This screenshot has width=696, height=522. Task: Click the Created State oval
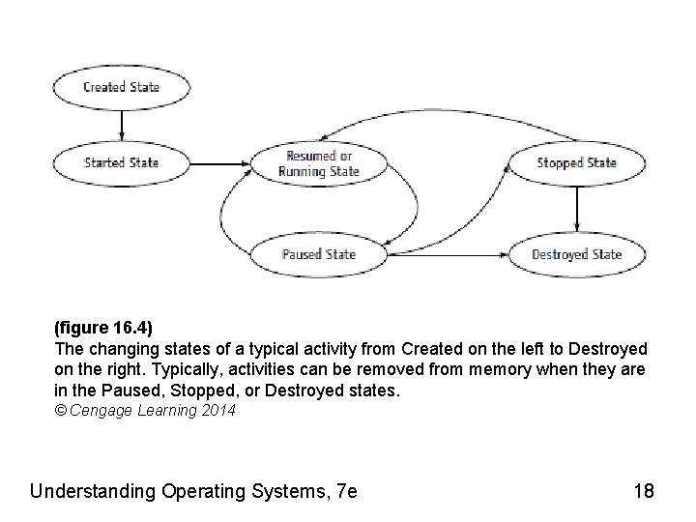[121, 87]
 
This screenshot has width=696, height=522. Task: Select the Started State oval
[121, 162]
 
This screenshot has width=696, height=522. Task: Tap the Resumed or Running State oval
[319, 163]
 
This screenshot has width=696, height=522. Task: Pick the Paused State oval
[319, 255]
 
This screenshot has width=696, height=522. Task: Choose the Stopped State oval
[577, 162]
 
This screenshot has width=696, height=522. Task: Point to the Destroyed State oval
[577, 255]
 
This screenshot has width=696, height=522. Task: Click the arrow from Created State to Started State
[121, 125]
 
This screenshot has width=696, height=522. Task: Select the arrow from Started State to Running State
[218, 162]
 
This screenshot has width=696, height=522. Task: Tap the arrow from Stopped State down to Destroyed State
[577, 209]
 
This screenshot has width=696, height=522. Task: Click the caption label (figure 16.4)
[103, 330]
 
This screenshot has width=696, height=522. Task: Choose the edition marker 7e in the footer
[344, 491]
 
